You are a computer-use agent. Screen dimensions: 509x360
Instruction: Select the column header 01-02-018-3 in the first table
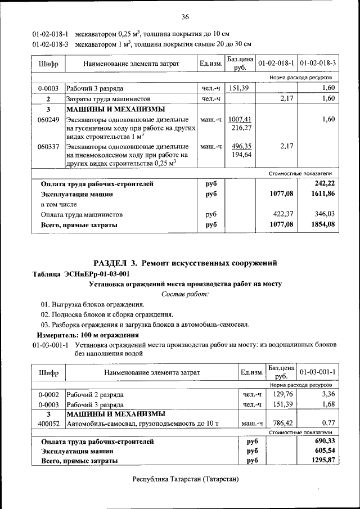pyautogui.click(x=318, y=63)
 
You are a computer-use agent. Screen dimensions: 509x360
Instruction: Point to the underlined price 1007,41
pyautogui.click(x=240, y=119)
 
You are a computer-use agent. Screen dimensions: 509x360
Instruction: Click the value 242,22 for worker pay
pyautogui.click(x=325, y=183)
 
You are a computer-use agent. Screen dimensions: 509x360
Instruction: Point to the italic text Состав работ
pyautogui.click(x=185, y=294)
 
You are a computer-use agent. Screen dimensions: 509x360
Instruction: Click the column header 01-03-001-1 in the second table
pyautogui.click(x=318, y=372)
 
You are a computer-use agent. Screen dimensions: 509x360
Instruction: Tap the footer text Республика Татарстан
pyautogui.click(x=185, y=479)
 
